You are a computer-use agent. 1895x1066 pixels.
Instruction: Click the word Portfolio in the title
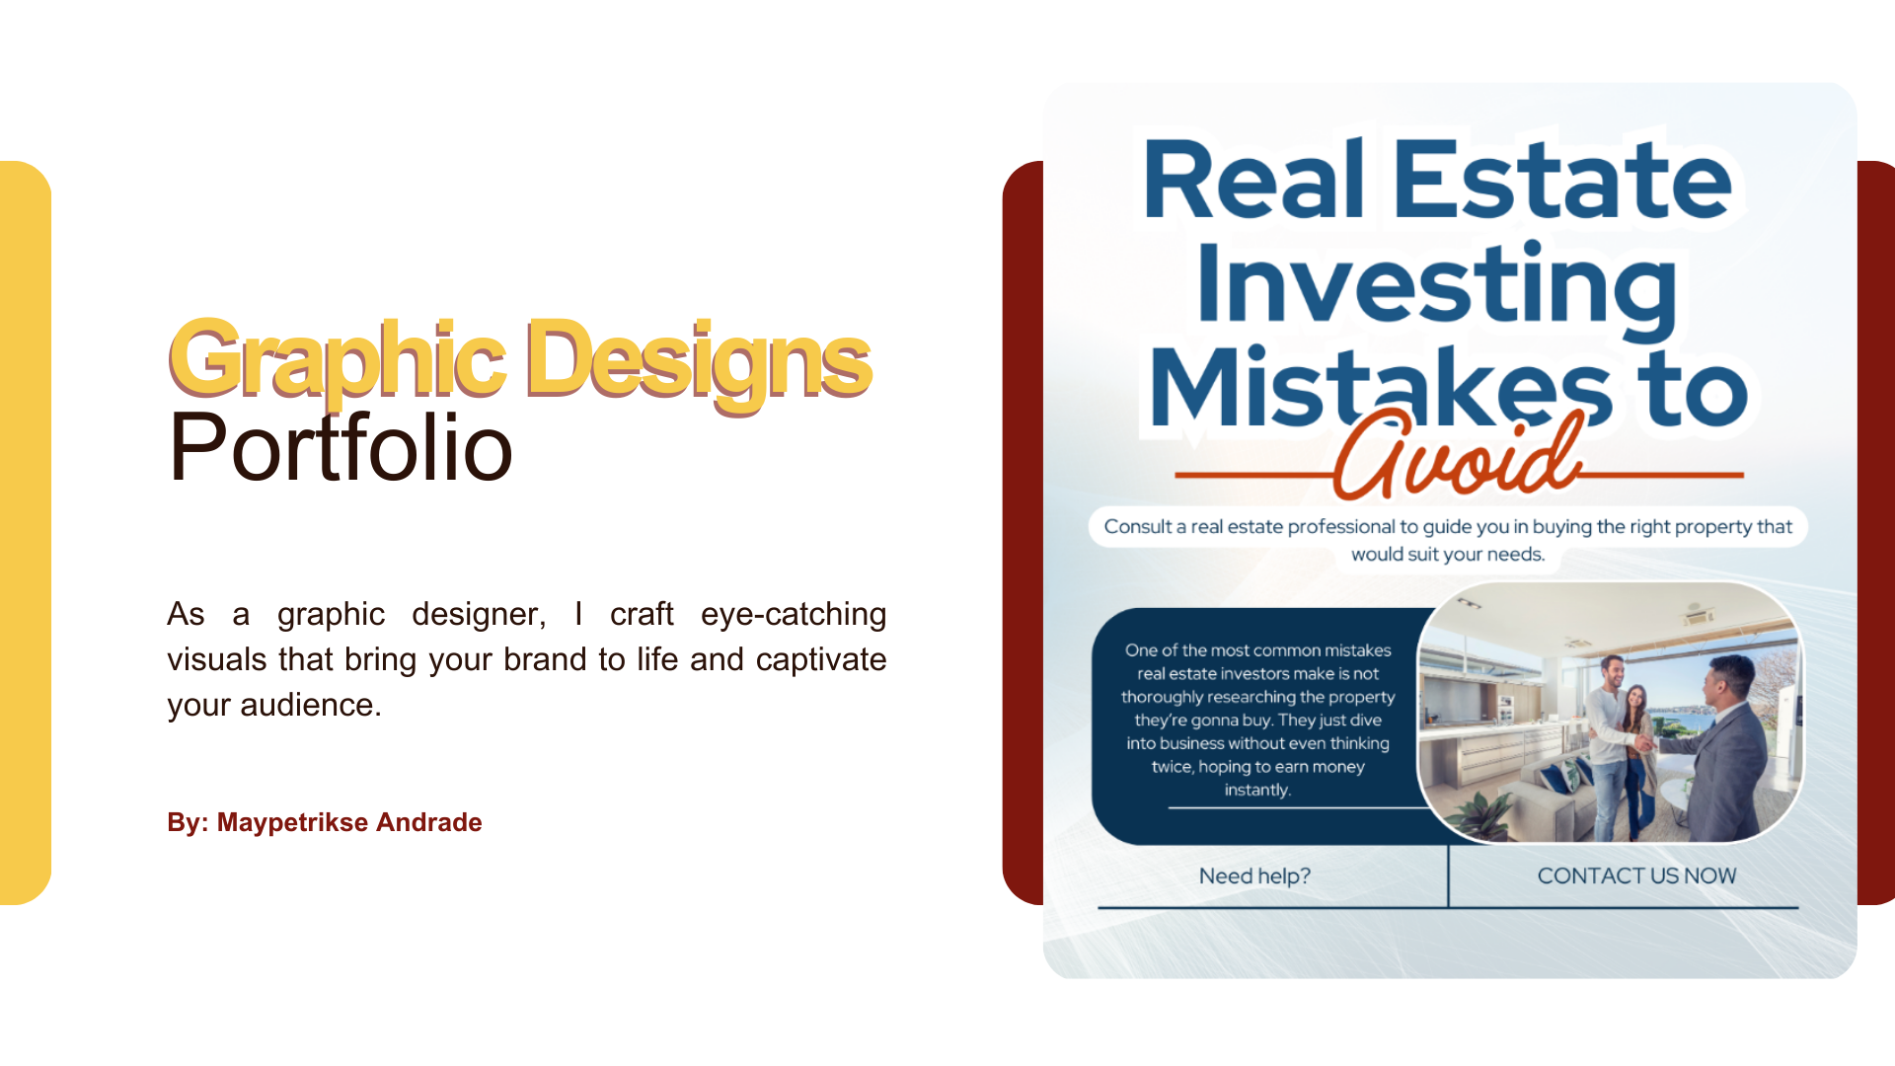coord(341,448)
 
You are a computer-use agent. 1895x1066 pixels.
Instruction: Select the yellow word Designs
coord(699,361)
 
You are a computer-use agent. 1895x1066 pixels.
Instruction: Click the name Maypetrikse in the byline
coord(292,822)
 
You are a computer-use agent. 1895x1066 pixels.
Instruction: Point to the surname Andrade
coord(429,822)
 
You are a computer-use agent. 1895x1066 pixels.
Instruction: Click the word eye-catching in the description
coord(794,614)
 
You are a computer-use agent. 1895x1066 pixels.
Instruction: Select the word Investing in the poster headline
coord(1437,286)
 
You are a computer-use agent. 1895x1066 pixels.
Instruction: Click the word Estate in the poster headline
coord(1562,180)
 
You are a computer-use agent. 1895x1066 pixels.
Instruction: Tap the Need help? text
coord(1254,876)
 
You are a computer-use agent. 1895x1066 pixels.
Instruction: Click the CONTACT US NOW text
coord(1636,876)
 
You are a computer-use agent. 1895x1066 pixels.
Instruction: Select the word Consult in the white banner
coord(1138,526)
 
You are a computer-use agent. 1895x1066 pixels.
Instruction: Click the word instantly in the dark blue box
coord(1257,790)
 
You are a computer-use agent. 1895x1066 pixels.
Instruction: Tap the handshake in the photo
coord(1642,741)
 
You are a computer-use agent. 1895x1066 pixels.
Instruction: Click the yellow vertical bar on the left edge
coord(26,533)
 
